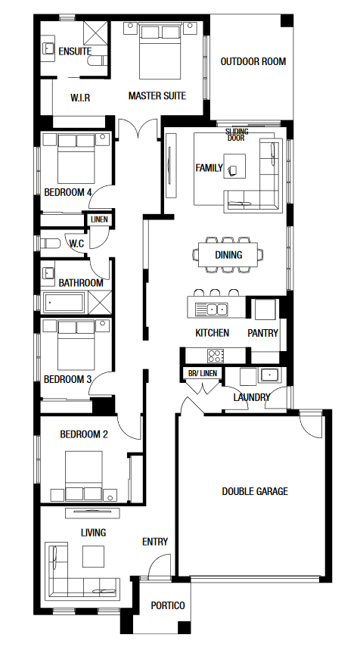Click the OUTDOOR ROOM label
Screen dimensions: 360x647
[253, 62]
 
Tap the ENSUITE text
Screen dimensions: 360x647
[75, 51]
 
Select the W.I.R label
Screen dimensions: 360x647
[80, 98]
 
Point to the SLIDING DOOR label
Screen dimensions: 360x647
[237, 135]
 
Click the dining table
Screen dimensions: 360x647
[228, 254]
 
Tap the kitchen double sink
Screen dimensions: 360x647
[211, 309]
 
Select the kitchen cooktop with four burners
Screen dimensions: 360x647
[216, 356]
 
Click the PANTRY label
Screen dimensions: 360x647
[262, 333]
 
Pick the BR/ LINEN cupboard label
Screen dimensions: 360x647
[202, 373]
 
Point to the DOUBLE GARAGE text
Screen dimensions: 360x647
[255, 491]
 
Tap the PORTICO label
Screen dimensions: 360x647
[167, 605]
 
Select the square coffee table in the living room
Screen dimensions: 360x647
[93, 557]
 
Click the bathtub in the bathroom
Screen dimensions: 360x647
[64, 303]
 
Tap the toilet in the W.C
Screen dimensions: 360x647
[49, 244]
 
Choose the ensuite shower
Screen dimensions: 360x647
[95, 33]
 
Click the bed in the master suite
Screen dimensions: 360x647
[160, 51]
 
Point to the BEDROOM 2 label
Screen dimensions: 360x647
[84, 434]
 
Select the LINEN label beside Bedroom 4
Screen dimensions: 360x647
[99, 219]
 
